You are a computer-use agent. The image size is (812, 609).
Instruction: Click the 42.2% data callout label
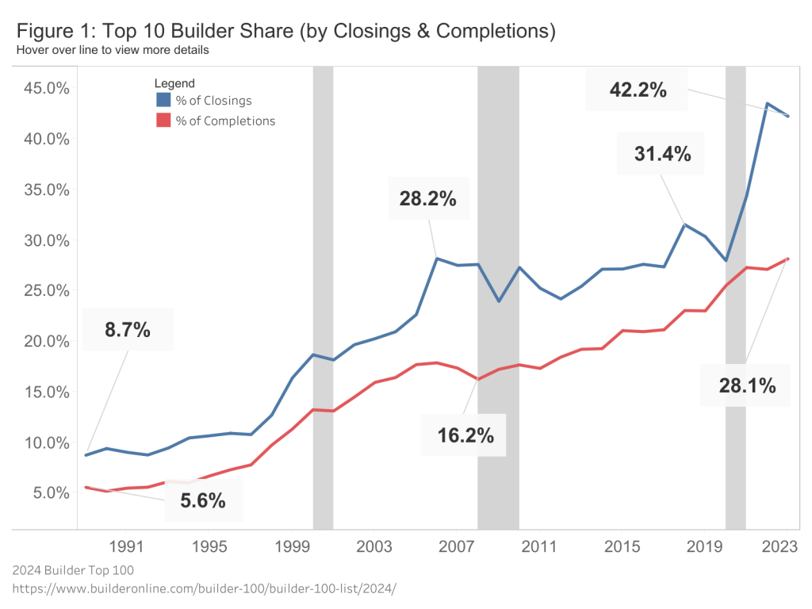click(638, 90)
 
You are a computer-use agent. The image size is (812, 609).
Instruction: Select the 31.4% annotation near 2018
click(662, 154)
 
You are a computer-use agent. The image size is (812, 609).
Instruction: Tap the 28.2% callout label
click(427, 198)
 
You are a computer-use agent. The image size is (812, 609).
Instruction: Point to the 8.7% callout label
click(128, 330)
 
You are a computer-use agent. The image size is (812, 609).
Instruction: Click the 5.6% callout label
click(202, 500)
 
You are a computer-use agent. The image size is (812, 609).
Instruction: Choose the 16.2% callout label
click(465, 435)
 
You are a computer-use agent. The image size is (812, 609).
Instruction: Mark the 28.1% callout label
click(747, 386)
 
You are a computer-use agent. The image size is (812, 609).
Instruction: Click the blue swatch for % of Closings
click(163, 100)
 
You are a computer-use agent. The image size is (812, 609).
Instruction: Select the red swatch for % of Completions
click(163, 121)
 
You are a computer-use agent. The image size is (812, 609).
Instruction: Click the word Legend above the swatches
click(174, 82)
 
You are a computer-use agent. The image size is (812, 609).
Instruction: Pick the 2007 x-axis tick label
click(457, 546)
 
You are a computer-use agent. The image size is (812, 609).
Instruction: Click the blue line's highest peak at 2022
click(767, 104)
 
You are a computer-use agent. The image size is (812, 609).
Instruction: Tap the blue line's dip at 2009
click(498, 301)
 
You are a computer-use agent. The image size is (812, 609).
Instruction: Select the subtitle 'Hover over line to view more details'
click(112, 50)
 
